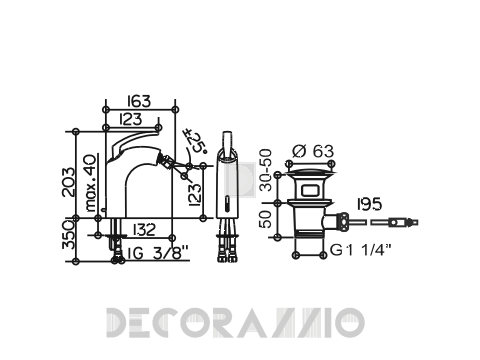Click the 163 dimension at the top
[139, 101]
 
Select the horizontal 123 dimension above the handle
[131, 119]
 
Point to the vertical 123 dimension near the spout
[195, 194]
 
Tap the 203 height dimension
[69, 182]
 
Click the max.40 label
[91, 183]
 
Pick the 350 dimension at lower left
[69, 235]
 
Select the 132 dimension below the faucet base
[144, 229]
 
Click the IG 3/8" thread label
[155, 253]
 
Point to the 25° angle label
[197, 142]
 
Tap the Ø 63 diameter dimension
[313, 151]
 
